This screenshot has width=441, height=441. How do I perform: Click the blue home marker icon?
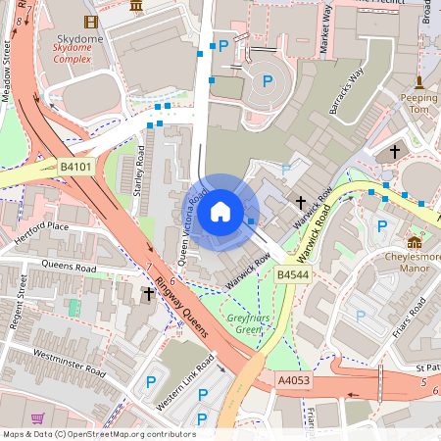[220, 212]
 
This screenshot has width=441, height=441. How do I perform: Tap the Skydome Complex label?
[73, 52]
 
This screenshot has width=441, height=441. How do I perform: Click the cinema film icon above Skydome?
[91, 22]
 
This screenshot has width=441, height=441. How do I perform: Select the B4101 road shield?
[74, 168]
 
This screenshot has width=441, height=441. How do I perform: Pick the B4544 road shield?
[292, 276]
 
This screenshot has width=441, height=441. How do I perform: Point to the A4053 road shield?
[293, 380]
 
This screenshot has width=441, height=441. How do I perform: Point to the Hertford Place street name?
[43, 232]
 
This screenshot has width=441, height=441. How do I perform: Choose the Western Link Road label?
[185, 367]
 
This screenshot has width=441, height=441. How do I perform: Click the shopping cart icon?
[37, 418]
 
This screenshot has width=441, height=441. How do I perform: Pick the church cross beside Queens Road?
[149, 293]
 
